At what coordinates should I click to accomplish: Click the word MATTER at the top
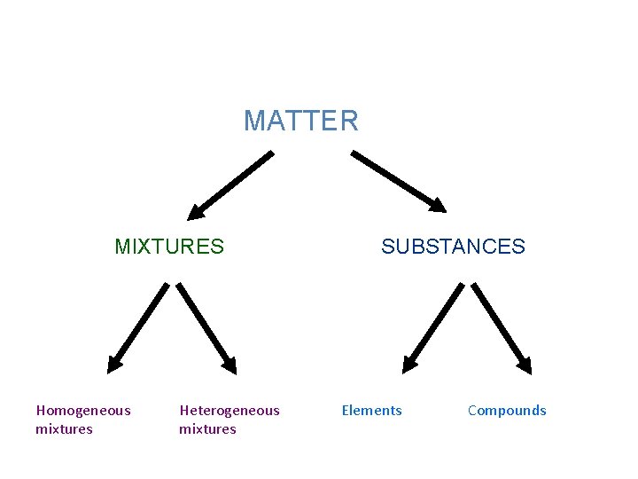point(301,121)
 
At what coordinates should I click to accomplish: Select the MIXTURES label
point(169,247)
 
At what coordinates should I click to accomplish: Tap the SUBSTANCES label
point(453,247)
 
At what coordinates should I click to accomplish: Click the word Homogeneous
point(83,410)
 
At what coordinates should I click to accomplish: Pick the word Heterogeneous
point(230,410)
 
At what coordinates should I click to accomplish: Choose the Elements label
point(372,410)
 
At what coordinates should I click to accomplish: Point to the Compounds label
point(507,410)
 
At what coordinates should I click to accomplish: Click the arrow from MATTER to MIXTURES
point(232,185)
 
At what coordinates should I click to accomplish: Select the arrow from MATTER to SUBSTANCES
point(399,182)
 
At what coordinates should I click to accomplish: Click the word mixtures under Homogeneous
point(64,429)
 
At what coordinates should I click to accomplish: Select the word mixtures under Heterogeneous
point(207,429)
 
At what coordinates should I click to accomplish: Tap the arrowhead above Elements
point(410,362)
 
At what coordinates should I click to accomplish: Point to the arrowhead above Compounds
point(525,363)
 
